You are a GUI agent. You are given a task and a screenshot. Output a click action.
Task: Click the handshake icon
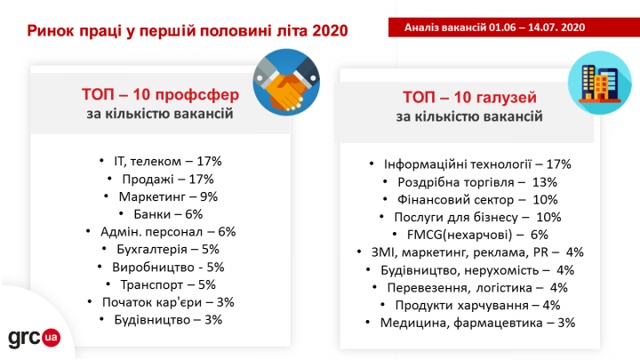[x=286, y=82]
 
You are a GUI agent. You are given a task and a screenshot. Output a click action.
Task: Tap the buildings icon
[x=600, y=83]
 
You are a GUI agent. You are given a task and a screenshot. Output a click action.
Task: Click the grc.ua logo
[x=35, y=338]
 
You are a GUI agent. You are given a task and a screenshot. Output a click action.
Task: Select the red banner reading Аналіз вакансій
[x=514, y=28]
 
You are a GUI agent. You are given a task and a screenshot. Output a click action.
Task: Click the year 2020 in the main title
[x=330, y=30]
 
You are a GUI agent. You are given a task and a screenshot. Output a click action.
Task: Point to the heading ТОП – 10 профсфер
[x=160, y=94]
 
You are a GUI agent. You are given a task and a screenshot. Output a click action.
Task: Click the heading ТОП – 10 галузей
[x=469, y=97]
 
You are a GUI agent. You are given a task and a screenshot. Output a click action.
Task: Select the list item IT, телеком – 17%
[x=168, y=161]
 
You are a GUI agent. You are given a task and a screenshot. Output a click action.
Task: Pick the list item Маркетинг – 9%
[x=168, y=196]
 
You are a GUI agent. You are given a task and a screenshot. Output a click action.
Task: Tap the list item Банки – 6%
[x=168, y=214]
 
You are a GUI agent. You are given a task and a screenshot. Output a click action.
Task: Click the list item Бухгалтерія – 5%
[x=168, y=250]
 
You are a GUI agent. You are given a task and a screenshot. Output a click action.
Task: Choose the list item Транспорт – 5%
[x=168, y=284]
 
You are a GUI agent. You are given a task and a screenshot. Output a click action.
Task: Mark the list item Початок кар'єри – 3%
[x=168, y=302]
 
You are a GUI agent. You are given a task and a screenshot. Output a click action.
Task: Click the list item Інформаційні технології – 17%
[x=477, y=164]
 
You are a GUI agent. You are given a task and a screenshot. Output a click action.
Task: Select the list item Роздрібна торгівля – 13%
[x=477, y=182]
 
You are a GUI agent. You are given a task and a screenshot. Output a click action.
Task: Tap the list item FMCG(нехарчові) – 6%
[x=477, y=235]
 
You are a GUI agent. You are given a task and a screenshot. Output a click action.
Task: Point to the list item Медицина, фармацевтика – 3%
[x=477, y=323]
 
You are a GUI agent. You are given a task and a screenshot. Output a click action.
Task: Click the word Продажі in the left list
[x=148, y=180]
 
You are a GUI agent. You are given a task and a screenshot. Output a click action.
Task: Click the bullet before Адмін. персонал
[x=88, y=231]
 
